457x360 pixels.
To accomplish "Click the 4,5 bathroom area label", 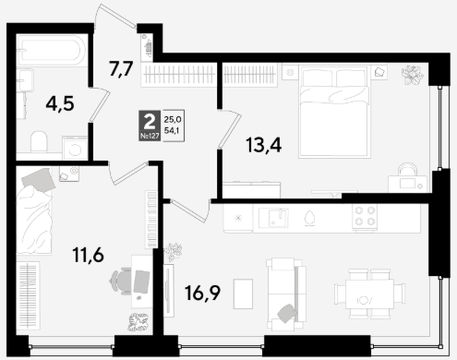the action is coord(60,103).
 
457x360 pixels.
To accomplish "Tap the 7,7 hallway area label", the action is coord(121,69).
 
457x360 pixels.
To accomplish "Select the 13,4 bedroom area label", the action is coord(264,145).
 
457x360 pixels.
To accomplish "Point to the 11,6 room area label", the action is coord(89,255).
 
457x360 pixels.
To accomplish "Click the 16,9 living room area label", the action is coord(202,293).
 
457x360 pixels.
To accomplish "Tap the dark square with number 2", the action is coord(150,126).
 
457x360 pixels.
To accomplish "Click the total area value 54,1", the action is coord(173,130).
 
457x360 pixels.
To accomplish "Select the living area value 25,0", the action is coord(173,119).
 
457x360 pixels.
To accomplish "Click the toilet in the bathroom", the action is coord(39,141).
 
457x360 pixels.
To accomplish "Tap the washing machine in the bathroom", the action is coord(75,148).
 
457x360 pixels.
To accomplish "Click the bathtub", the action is coord(52,50).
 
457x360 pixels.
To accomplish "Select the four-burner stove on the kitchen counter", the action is coord(365,216).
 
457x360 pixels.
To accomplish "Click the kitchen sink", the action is coord(273,218).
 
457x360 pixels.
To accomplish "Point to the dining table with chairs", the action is coord(369,294).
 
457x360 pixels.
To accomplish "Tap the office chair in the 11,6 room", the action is coord(121,282).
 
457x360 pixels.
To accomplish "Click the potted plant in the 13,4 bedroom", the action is coord(413,76).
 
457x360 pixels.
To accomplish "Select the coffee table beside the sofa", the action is coord(243,294).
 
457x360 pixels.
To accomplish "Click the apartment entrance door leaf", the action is coord(115,17).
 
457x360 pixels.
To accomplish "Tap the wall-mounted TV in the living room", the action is coord(168,291).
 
